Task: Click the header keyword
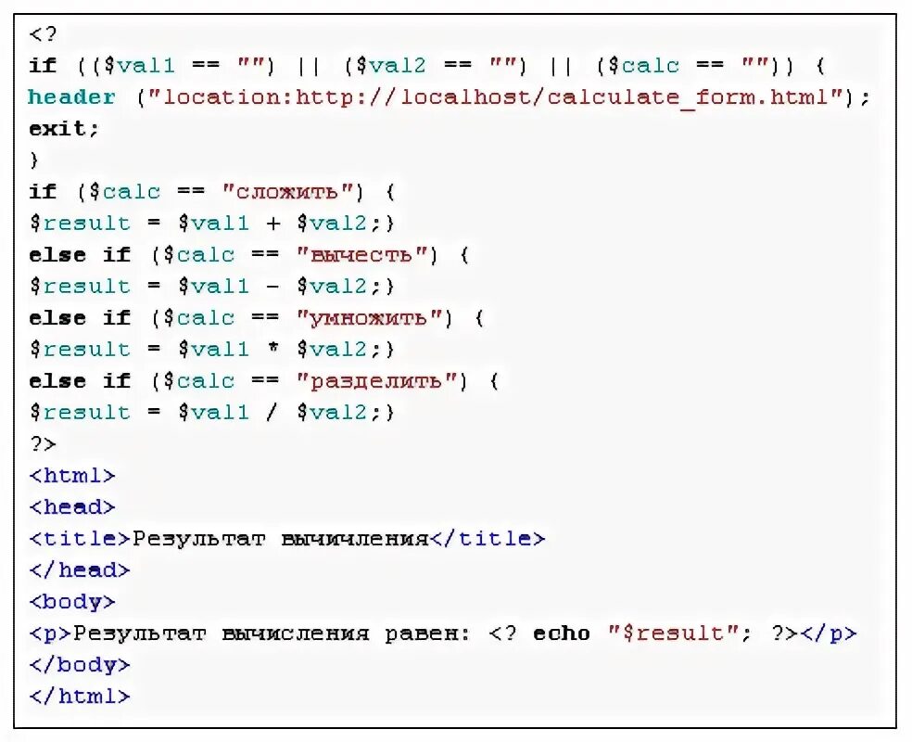point(72,97)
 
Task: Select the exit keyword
point(63,129)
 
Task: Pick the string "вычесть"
point(366,255)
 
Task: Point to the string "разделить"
point(381,381)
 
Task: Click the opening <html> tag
point(72,476)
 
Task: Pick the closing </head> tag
point(80,570)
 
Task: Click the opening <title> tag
point(80,539)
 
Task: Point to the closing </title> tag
point(488,539)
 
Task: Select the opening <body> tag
point(72,602)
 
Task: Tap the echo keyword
point(562,633)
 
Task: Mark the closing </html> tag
point(80,696)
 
